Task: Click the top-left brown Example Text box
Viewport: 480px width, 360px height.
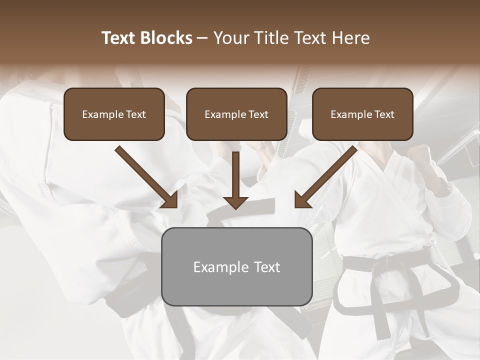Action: click(x=114, y=114)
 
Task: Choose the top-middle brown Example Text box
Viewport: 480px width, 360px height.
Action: click(x=236, y=114)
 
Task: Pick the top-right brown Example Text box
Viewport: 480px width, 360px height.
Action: click(x=362, y=114)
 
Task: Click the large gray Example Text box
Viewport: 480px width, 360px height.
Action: click(x=236, y=266)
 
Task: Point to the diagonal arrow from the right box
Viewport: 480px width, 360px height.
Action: click(x=326, y=176)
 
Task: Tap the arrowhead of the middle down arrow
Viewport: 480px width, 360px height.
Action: click(x=235, y=202)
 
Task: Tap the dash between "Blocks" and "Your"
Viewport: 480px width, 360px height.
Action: click(x=202, y=38)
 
